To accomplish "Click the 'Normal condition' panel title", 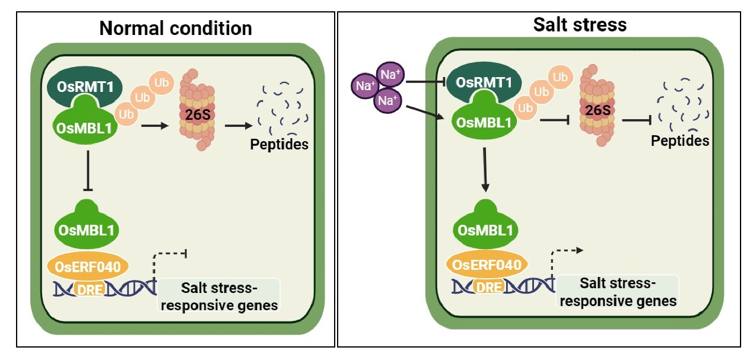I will (175, 28).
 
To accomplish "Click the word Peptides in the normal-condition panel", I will (279, 144).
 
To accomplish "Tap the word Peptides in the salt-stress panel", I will (680, 141).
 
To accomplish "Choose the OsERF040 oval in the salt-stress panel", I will (487, 265).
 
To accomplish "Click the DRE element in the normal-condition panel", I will (88, 288).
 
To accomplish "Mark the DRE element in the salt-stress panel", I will (489, 287).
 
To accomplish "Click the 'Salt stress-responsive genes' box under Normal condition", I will (219, 297).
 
